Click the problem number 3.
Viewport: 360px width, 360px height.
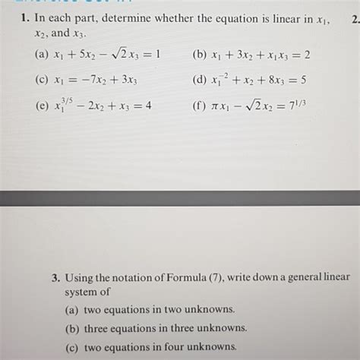(56, 279)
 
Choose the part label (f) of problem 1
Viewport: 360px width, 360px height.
(201, 106)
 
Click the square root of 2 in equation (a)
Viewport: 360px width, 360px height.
(116, 55)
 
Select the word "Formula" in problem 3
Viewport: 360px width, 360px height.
(201, 279)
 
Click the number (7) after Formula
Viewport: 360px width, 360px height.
(232, 279)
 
